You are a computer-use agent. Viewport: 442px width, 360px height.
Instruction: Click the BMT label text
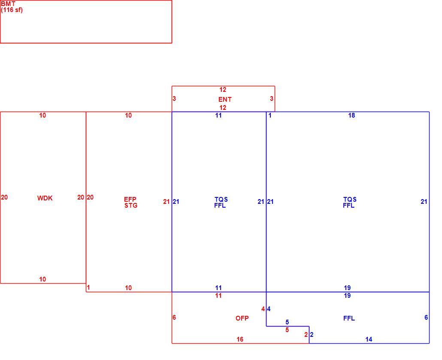click(8, 4)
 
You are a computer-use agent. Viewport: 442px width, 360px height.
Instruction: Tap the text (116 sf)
click(12, 10)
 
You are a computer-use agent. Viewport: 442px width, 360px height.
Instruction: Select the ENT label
click(225, 100)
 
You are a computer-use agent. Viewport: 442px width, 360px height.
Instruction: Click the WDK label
click(45, 198)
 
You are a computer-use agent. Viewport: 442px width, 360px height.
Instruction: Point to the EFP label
click(130, 200)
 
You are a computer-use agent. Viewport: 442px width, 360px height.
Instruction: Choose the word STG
click(131, 206)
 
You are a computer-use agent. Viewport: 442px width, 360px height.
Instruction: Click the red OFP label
click(242, 318)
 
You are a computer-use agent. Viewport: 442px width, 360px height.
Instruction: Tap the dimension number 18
click(351, 115)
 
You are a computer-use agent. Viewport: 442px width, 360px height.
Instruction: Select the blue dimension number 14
click(369, 339)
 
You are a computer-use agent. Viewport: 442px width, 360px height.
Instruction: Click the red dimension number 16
click(240, 339)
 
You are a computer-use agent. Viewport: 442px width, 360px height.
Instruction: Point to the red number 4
click(263, 309)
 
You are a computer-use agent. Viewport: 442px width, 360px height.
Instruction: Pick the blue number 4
click(269, 309)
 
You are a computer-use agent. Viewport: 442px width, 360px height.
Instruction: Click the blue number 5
click(287, 322)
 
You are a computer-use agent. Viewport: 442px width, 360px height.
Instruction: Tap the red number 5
click(287, 330)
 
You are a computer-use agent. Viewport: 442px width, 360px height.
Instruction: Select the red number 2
click(306, 335)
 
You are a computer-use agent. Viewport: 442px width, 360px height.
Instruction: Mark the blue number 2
click(312, 335)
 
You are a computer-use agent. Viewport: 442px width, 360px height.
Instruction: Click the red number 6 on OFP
click(174, 318)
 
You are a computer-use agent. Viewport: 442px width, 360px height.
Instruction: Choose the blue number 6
click(426, 318)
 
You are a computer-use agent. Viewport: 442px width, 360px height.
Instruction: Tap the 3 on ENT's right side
click(272, 99)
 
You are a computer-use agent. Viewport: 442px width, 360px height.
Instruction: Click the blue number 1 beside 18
click(270, 115)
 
